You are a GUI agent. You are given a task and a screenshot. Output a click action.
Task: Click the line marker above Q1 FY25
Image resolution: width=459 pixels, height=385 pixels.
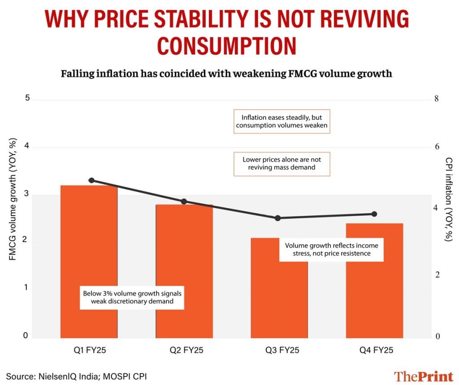click(x=91, y=180)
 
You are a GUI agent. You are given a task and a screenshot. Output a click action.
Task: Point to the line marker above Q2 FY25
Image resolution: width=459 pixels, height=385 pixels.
click(x=184, y=202)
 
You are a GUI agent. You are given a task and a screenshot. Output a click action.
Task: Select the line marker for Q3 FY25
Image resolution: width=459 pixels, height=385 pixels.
click(x=278, y=218)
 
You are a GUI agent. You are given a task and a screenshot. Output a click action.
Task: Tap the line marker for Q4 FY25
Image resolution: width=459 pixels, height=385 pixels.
click(x=375, y=214)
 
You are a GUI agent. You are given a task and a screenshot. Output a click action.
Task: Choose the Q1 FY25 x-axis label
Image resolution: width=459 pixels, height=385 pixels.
click(x=88, y=350)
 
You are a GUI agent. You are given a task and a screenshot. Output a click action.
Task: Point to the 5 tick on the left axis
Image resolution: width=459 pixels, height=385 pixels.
click(x=27, y=99)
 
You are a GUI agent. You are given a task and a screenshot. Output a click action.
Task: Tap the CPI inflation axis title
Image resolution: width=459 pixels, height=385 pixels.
click(x=448, y=199)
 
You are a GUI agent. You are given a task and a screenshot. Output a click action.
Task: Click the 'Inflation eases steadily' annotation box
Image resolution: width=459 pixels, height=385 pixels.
click(x=282, y=121)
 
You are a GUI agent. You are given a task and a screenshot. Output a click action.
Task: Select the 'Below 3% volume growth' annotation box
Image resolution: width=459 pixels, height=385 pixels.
click(x=132, y=298)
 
